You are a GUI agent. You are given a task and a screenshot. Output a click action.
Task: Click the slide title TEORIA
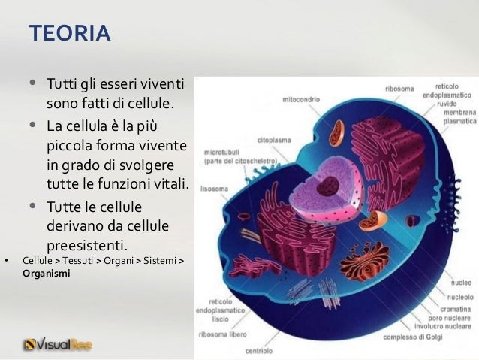click(x=69, y=34)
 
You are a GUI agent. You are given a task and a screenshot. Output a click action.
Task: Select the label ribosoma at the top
click(x=399, y=89)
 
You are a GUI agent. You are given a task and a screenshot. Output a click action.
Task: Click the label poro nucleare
click(x=456, y=316)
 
